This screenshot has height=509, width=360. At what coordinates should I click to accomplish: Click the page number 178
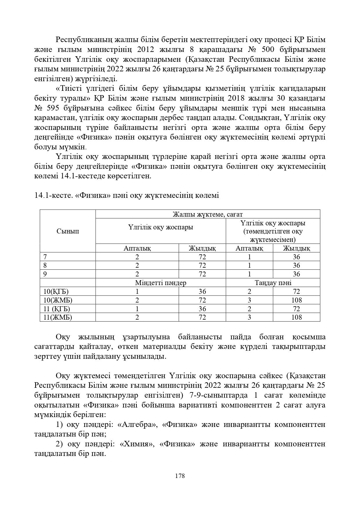click(180, 476)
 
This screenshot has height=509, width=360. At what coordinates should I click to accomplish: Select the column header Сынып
click(68, 231)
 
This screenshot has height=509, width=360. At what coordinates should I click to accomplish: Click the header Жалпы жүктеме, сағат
click(207, 214)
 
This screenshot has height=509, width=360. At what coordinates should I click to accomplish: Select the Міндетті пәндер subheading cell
click(160, 283)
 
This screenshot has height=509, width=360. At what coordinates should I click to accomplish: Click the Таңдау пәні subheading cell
click(273, 283)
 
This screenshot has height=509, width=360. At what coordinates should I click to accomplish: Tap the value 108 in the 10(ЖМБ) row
click(296, 300)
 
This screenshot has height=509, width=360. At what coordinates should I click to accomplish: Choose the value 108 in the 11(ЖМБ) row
click(296, 317)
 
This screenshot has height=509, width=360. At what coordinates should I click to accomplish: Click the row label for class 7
click(45, 257)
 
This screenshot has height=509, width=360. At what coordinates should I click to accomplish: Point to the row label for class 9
click(45, 274)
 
